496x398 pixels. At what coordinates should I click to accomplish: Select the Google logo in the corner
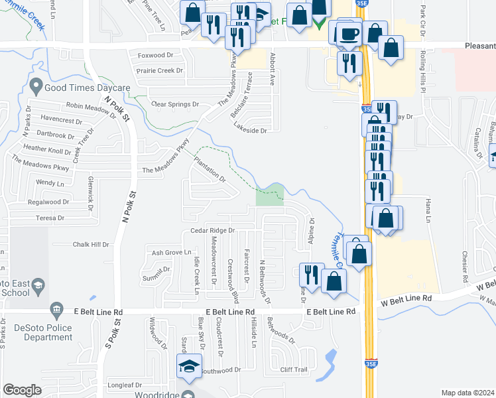pos(22,390)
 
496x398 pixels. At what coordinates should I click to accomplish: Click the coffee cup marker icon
pos(349,34)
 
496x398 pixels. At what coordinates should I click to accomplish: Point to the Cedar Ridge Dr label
pos(213,230)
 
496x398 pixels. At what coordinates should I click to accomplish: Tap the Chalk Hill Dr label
pos(90,244)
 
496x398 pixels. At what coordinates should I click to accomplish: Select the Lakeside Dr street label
pos(249,131)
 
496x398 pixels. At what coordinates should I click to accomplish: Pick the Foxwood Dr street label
pos(153,56)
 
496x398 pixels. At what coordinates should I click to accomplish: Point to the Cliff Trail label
pos(293,369)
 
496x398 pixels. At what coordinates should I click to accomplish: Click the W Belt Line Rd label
pos(406,299)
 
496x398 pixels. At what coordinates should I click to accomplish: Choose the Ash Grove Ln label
pos(171,253)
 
